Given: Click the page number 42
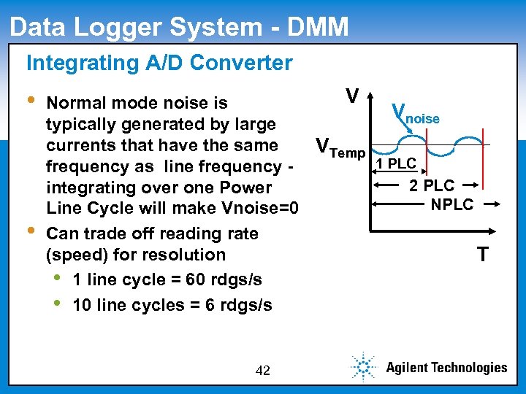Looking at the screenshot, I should click(x=263, y=371).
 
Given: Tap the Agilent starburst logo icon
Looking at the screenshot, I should click(x=362, y=367).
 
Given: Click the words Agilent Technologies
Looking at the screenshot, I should click(x=446, y=368).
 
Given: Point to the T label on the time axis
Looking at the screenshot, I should click(x=482, y=254).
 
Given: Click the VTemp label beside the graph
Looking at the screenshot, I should click(x=340, y=147).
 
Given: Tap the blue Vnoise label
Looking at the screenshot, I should click(x=416, y=114).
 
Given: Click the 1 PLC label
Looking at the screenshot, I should click(x=396, y=163).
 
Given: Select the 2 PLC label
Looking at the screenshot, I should click(x=431, y=185).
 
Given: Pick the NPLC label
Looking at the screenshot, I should click(x=452, y=204).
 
